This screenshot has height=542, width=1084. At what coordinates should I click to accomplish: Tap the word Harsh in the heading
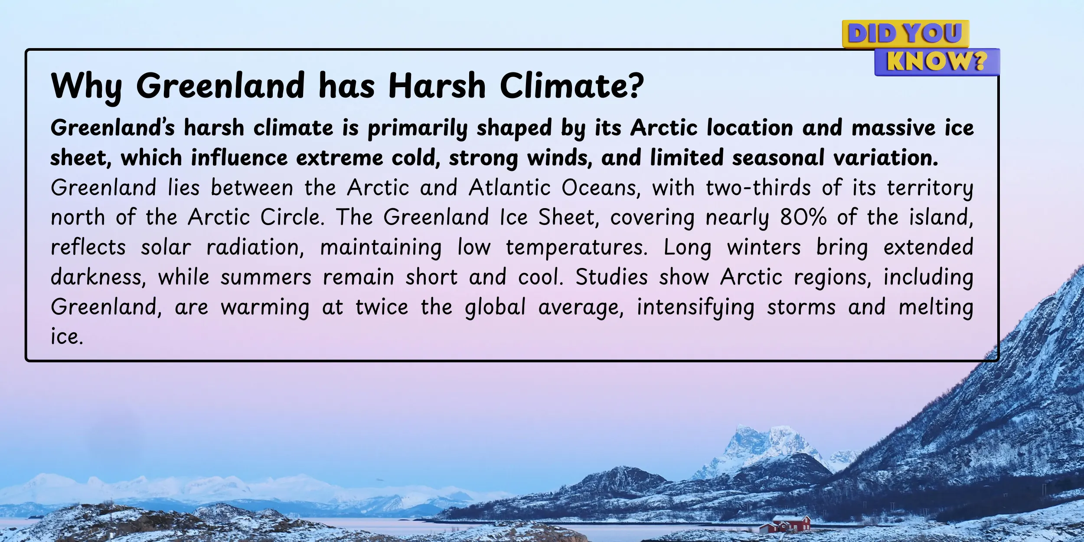click(x=437, y=85)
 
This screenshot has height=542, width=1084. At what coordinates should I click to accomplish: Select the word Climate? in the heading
click(x=572, y=85)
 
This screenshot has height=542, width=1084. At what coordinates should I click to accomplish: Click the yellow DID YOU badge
click(x=905, y=34)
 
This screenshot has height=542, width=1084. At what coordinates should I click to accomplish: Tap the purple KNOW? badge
click(x=937, y=62)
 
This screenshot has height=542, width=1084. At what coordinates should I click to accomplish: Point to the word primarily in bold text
click(x=418, y=128)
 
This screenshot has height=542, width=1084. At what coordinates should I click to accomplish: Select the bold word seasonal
click(x=778, y=157)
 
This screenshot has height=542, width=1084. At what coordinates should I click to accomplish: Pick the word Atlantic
click(x=509, y=188)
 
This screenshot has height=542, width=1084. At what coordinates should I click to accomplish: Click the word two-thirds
click(x=758, y=188)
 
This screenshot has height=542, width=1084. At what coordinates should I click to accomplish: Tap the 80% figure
click(x=803, y=217)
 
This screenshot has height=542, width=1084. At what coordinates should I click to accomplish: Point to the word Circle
click(x=292, y=217)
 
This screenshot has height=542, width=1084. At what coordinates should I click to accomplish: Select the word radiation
click(x=255, y=247)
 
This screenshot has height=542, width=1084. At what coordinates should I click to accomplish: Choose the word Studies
click(x=612, y=277)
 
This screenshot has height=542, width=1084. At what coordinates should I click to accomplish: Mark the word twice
click(x=382, y=307)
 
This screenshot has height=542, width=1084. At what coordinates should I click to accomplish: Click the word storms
click(x=801, y=307)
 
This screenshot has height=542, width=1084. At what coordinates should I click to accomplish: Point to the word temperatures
click(x=577, y=247)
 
